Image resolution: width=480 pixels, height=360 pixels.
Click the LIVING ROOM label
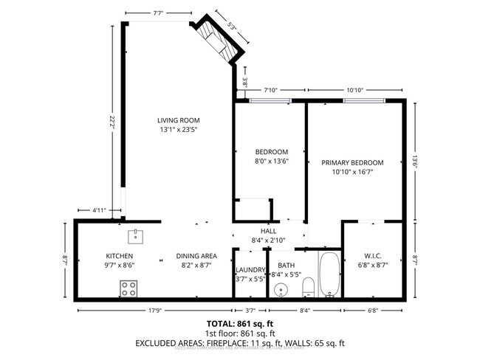[x=179, y=120]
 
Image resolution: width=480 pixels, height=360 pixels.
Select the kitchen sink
[x=135, y=236]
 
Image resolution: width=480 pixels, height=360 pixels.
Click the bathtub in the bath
[x=329, y=274]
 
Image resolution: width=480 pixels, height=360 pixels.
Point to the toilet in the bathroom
[x=309, y=286]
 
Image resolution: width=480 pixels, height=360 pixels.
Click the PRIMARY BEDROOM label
[x=352, y=162]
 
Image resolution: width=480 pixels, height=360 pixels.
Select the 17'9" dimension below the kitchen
[x=154, y=311]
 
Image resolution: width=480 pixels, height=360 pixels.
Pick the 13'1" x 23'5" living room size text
[x=179, y=130]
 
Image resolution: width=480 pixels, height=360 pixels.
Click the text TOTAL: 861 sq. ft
[x=240, y=323]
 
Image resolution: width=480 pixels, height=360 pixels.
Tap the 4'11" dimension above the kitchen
[x=100, y=210]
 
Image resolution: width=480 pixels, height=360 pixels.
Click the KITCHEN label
[x=119, y=256]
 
